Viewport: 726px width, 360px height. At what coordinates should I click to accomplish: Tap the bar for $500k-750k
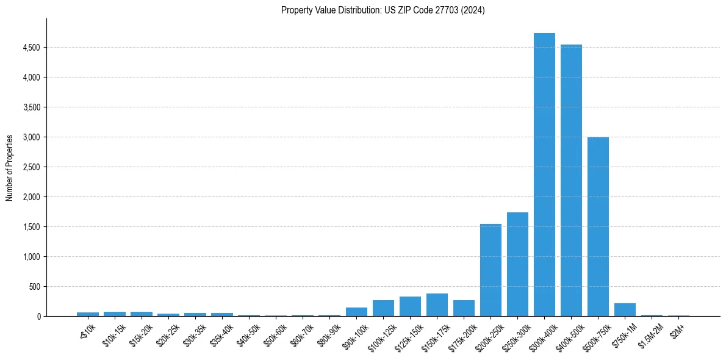(x=598, y=226)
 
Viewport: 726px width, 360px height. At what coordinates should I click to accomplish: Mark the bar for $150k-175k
(x=437, y=305)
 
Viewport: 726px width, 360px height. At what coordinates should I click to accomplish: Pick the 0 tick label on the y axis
(x=38, y=317)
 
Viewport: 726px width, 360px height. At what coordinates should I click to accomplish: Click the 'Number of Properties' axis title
(x=10, y=167)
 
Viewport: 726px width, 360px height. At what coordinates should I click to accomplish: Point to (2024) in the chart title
(x=474, y=10)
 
